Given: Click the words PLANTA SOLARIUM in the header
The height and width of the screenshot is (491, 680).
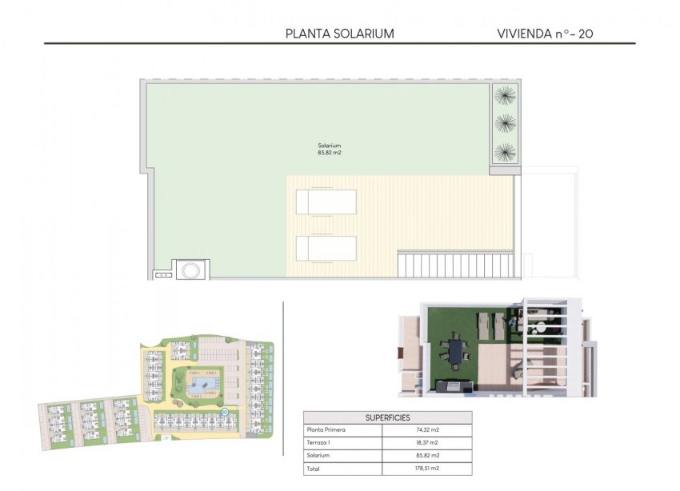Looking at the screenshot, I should (x=340, y=34).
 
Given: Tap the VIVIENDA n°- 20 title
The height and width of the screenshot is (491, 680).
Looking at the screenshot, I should (x=545, y=34).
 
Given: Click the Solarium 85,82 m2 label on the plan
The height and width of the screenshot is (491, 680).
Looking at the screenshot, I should (x=330, y=149).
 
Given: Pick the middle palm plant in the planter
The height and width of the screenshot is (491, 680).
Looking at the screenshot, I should (x=505, y=123).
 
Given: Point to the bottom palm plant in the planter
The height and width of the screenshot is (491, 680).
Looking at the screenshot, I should (x=505, y=151).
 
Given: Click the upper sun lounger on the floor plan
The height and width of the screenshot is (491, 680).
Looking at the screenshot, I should (x=326, y=202).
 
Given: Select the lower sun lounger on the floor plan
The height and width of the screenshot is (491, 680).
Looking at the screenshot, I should (x=326, y=249).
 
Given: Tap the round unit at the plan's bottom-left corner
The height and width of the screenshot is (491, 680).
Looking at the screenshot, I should (x=191, y=270).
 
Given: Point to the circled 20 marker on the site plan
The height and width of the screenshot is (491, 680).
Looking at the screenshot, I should (x=224, y=413).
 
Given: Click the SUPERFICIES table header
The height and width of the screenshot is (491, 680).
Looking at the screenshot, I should (x=387, y=417).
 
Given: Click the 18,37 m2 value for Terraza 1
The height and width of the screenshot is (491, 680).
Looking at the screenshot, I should (x=429, y=443).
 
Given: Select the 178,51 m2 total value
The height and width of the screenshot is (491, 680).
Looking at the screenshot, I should (x=429, y=469).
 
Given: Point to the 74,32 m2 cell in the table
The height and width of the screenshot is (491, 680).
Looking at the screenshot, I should (x=429, y=430).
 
